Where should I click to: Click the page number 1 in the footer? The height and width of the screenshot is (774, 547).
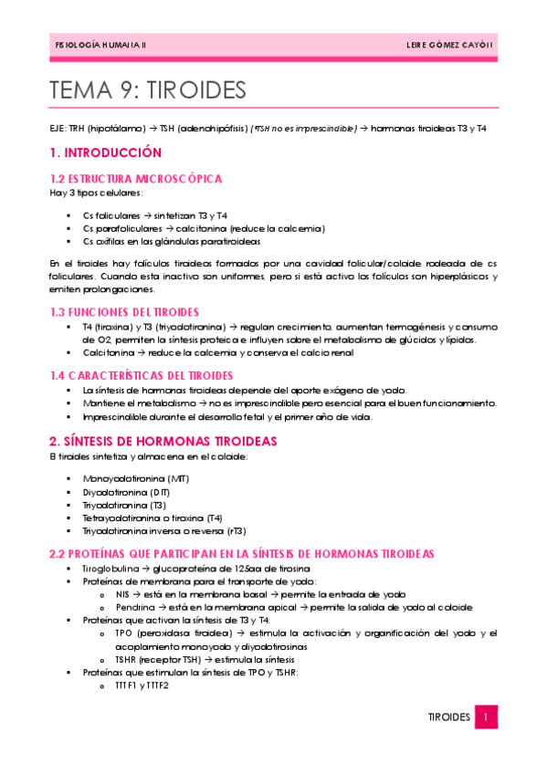488,717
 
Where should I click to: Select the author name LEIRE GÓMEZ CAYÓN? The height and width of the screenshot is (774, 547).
448,44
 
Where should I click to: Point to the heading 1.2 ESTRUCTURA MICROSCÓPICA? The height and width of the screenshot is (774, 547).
136,179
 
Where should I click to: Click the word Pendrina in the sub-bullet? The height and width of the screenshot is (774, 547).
134,606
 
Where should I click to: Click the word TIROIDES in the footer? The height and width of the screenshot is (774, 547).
448,717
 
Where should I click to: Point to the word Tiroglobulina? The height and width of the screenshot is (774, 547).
109,568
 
